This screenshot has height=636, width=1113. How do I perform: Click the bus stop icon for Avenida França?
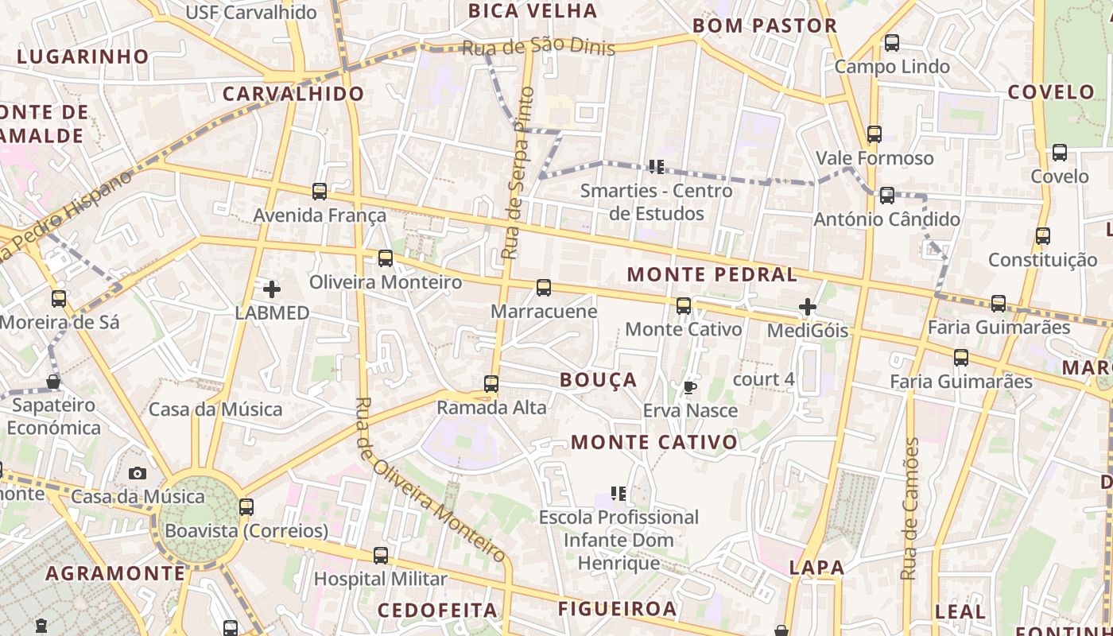320,192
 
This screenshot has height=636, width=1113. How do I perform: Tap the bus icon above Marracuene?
544,288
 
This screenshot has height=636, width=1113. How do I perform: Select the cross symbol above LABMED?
272,289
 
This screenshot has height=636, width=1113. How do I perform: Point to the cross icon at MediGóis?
808,306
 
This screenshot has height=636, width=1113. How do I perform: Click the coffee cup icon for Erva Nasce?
689,387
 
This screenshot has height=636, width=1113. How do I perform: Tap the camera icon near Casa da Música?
138,474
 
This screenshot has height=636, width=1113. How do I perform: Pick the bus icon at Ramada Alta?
491,384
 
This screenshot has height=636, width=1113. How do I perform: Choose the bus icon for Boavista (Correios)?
246,506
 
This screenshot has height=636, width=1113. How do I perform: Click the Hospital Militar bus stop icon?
381,555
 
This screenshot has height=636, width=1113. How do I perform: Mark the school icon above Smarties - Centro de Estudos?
656,167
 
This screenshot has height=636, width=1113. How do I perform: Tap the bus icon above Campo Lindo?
892,43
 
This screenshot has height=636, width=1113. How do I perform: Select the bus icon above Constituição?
1043,236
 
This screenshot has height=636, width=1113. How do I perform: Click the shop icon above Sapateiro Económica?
53,382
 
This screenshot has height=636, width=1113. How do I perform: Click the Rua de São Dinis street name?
538,47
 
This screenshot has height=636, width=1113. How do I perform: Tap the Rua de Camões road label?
910,509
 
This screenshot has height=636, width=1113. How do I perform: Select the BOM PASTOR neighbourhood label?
765,25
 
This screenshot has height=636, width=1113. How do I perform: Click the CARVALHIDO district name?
293,94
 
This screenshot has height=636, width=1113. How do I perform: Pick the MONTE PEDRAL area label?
712,275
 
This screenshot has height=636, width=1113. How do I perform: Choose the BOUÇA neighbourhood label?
599,380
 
